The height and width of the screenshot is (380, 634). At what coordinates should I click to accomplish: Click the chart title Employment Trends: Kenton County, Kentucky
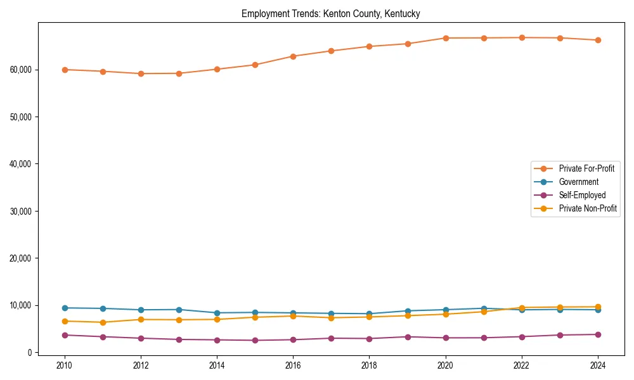tap(330, 13)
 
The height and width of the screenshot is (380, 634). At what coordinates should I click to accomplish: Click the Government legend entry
tap(578, 182)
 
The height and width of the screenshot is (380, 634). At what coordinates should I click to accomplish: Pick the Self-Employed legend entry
tap(582, 195)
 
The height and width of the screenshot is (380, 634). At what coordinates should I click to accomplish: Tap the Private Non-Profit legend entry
tap(588, 208)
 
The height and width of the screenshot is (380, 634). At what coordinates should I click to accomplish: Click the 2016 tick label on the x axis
tap(293, 365)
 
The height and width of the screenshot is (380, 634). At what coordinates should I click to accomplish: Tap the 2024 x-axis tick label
tap(597, 365)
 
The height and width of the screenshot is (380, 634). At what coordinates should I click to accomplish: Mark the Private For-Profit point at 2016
tap(293, 56)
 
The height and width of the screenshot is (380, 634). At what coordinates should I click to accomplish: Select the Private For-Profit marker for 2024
tap(597, 40)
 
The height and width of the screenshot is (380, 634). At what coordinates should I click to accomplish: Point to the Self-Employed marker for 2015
tap(255, 340)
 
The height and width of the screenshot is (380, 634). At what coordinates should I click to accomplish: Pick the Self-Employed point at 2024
tap(597, 334)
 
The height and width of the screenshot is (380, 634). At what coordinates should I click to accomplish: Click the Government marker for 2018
tap(369, 313)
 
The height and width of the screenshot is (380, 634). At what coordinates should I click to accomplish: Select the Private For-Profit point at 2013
tap(179, 73)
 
